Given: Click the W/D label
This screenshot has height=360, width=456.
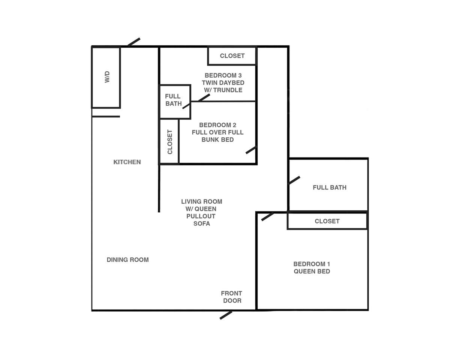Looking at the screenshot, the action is click(107, 77).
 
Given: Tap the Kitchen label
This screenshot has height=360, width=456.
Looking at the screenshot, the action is click(127, 162).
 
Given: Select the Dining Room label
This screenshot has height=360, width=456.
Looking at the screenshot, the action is click(127, 260).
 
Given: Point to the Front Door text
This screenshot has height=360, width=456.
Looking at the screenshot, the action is click(231, 297).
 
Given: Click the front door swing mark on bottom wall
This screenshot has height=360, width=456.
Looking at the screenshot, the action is click(226, 315).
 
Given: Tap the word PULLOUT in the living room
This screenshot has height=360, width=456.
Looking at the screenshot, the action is click(201, 216).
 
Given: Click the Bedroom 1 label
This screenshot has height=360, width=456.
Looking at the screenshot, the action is click(312, 264).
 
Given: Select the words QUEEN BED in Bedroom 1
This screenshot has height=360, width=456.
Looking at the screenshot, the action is click(312, 271).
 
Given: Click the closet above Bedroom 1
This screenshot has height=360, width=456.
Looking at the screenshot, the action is click(327, 221).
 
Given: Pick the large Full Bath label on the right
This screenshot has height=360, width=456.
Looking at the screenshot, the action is click(330, 187).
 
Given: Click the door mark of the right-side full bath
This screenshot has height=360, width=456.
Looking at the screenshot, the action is click(294, 180).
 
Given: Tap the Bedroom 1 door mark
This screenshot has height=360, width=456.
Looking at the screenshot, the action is click(267, 216).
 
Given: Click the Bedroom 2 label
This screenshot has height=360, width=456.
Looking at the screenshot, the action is click(217, 125).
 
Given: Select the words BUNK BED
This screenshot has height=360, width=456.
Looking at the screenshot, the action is click(217, 140).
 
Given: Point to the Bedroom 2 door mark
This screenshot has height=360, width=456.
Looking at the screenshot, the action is click(251, 150).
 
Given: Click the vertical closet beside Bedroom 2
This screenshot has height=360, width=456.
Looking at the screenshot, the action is click(169, 141).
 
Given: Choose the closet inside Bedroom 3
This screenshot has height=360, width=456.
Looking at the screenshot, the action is click(232, 56).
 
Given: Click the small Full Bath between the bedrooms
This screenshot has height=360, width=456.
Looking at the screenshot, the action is click(175, 102).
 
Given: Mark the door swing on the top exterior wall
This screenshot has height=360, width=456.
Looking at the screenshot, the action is click(134, 42).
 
